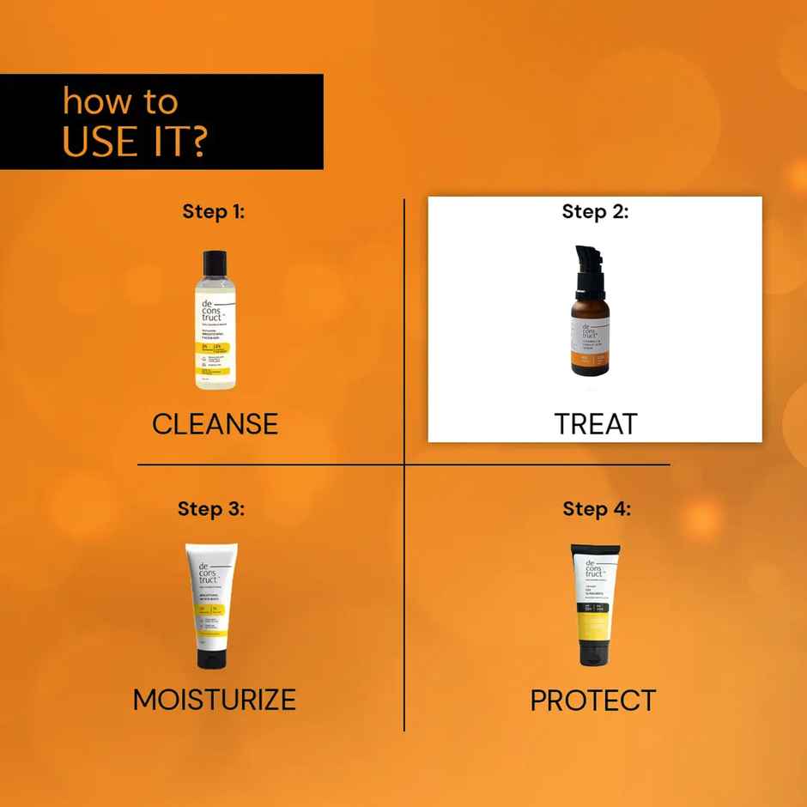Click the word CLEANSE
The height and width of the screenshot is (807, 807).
215,424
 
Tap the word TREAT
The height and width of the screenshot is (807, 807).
595,424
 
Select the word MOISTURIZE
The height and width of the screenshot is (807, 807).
214,700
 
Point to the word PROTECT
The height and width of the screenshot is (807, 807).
592,701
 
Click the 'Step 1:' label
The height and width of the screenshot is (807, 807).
213,211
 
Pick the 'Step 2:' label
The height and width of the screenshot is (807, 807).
595,211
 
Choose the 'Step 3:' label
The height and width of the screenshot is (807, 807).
211,508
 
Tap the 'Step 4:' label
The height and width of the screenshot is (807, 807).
597,508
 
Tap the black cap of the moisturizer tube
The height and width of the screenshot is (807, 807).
211,658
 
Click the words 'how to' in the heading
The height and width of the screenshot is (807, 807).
120,101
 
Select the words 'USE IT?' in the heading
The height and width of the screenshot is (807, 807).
134,142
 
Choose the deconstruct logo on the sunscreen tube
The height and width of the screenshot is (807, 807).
593,568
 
